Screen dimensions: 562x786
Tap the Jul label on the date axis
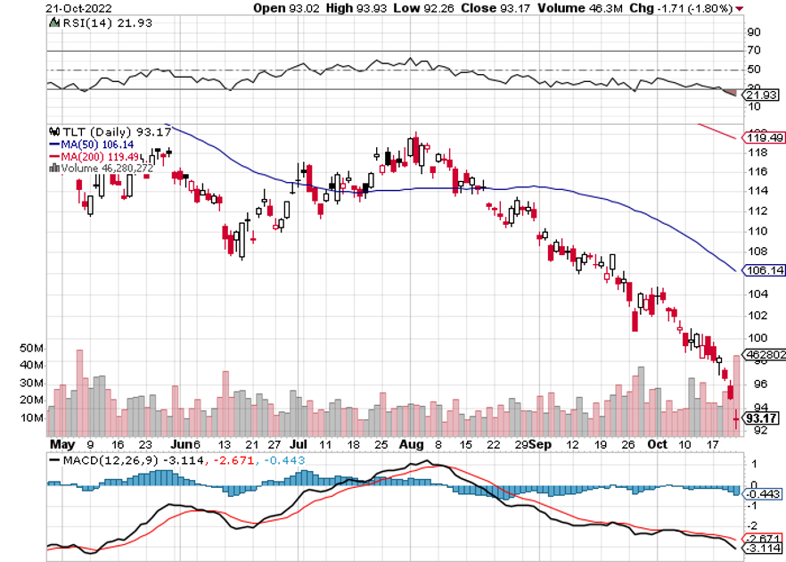(299, 443)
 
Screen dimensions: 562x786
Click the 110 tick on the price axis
(755, 229)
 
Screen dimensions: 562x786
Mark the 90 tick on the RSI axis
(752, 31)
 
